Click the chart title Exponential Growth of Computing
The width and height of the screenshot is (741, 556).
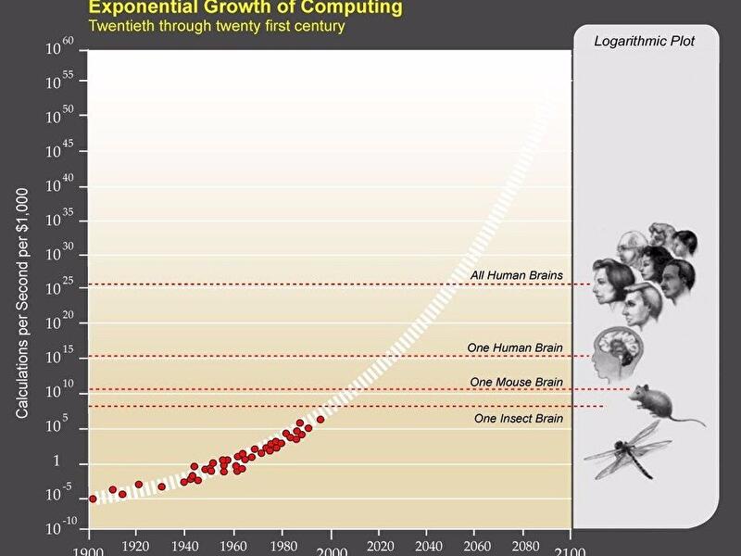245,7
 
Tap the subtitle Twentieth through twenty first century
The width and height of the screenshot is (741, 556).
216,26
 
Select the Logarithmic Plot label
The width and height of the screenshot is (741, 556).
647,41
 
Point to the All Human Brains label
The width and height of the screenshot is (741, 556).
516,275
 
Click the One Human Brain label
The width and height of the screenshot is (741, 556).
514,347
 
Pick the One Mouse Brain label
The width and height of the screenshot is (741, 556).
516,382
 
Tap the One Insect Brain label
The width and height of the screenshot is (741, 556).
518,418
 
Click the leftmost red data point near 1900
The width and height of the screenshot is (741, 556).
92,499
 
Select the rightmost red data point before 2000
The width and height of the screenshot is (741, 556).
320,420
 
